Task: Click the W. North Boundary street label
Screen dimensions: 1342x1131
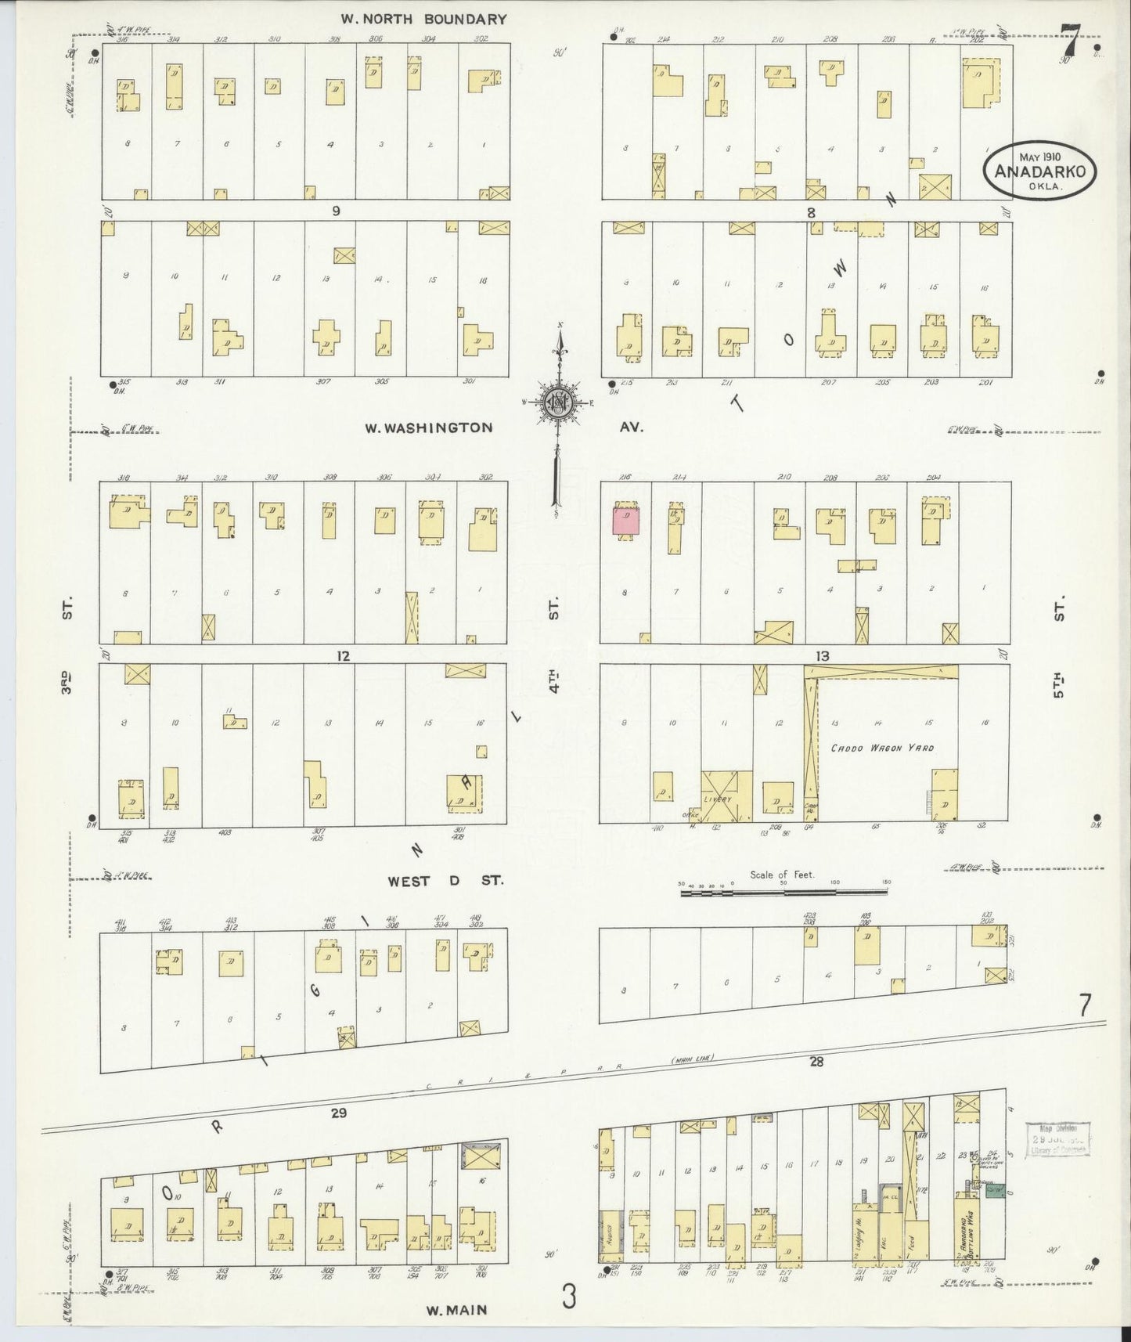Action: [423, 19]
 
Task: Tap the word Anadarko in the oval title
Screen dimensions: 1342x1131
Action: [1039, 172]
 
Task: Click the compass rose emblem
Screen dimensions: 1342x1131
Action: [560, 402]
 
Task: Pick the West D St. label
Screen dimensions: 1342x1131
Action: [445, 881]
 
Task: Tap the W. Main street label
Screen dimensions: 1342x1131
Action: [456, 1308]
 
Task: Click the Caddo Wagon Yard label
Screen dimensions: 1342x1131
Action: [882, 748]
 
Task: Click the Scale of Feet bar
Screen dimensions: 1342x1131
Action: [786, 890]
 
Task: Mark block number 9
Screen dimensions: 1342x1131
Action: [337, 211]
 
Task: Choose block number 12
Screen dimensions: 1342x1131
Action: [342, 656]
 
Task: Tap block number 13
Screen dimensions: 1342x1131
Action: [821, 656]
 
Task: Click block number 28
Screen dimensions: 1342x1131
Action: [817, 1062]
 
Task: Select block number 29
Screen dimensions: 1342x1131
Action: [338, 1113]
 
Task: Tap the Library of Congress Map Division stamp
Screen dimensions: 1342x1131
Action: [1057, 1137]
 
